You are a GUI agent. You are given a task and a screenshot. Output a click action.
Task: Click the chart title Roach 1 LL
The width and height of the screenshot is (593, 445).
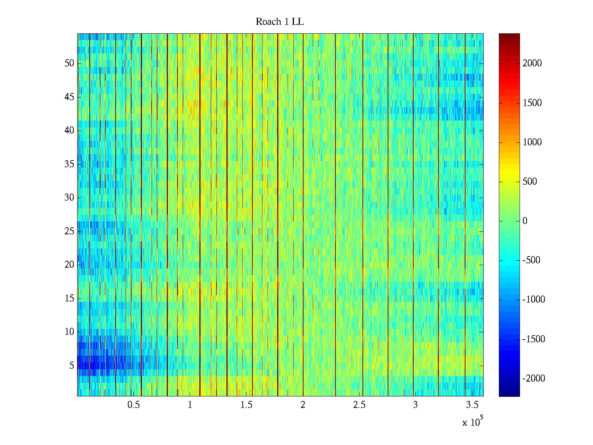(279, 22)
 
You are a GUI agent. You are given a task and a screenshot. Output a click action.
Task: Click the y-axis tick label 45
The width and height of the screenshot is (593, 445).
(69, 97)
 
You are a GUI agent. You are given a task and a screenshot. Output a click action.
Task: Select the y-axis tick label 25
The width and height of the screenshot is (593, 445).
(69, 231)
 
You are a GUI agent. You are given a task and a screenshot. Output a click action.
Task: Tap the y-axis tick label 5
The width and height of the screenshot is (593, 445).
(72, 366)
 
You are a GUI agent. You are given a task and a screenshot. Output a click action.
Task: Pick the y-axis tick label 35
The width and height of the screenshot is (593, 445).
(69, 164)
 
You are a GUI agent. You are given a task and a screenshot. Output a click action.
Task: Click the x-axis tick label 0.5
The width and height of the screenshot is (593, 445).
(133, 405)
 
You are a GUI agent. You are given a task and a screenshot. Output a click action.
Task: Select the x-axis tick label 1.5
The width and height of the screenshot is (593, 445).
(246, 405)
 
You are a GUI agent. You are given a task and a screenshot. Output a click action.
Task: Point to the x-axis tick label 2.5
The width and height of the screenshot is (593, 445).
(359, 405)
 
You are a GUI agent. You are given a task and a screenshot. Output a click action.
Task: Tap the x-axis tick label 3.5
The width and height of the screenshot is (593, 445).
(472, 405)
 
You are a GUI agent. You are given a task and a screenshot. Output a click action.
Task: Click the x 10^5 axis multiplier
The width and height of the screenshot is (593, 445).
(472, 422)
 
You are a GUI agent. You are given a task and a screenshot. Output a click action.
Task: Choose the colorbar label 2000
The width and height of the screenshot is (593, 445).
(532, 63)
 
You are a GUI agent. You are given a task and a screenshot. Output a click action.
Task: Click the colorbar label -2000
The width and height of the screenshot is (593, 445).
(534, 379)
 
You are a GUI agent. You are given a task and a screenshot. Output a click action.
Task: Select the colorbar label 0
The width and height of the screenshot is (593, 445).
(525, 221)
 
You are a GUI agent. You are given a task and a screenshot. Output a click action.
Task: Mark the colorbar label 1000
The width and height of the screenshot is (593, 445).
(532, 142)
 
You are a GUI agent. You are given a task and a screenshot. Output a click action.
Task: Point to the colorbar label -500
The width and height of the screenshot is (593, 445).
(531, 260)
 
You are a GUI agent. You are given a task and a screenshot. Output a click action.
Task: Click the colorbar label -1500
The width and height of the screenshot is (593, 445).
(534, 339)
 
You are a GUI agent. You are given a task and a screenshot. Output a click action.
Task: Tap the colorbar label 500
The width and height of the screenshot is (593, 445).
(530, 182)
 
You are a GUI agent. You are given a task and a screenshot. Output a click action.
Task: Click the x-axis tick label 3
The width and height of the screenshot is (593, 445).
(415, 405)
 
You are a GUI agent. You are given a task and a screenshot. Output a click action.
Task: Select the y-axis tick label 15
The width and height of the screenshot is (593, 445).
(69, 299)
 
